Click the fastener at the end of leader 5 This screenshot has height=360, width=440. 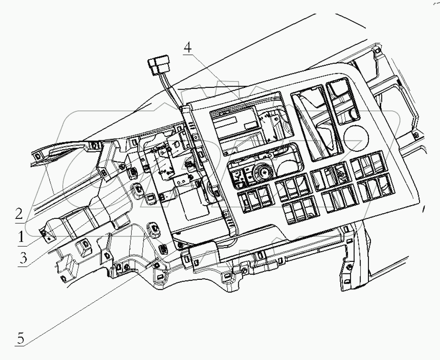(157, 265)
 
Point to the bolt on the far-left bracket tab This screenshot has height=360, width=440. (44, 232)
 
